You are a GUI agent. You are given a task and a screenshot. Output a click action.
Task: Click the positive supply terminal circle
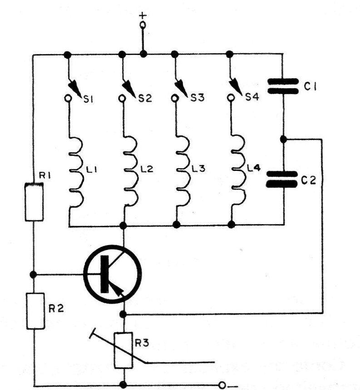(x=143, y=25)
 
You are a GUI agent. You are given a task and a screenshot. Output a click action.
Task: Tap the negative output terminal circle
(x=222, y=385)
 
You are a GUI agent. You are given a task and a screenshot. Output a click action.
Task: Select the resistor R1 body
(x=34, y=202)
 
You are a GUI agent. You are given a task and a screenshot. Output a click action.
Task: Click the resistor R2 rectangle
(x=35, y=311)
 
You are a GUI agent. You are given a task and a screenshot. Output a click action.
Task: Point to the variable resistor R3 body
(x=123, y=350)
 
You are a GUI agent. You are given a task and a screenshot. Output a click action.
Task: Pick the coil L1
(x=76, y=172)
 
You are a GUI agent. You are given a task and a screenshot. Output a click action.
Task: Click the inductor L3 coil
(x=183, y=171)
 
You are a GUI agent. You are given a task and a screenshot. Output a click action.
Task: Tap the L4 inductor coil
(x=238, y=170)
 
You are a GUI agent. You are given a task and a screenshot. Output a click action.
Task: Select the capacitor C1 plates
(x=283, y=86)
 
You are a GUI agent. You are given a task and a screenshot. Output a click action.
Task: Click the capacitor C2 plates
(x=282, y=179)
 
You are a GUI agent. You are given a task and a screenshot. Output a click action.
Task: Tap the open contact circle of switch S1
(x=68, y=99)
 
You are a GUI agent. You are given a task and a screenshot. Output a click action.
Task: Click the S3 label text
(x=197, y=98)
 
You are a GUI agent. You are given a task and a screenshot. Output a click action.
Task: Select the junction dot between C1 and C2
(x=283, y=139)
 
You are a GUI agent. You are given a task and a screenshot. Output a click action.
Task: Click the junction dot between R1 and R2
(x=33, y=275)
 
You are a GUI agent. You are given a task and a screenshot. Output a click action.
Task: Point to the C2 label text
(x=309, y=180)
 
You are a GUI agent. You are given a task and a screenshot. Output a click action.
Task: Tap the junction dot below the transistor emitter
(x=123, y=315)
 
